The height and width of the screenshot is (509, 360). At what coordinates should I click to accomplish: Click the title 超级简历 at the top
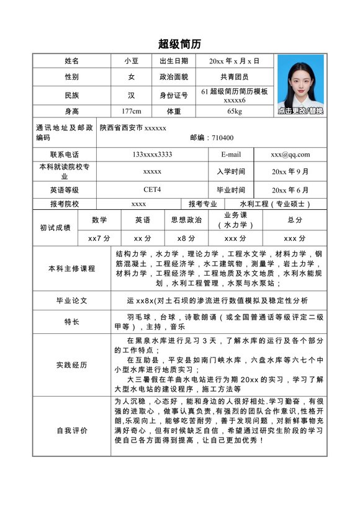(179, 44)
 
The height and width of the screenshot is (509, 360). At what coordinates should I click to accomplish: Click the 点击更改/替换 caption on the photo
(300, 110)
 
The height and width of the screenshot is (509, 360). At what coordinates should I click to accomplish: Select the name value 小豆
(132, 61)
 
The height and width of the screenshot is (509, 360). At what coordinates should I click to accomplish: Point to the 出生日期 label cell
(174, 61)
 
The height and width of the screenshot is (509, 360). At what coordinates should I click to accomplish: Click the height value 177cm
(132, 111)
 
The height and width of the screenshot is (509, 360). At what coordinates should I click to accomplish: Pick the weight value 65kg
(235, 111)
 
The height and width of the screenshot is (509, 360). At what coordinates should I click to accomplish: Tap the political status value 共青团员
(235, 77)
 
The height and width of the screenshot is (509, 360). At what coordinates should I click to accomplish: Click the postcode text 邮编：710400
(212, 138)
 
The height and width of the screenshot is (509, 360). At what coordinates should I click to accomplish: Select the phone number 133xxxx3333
(152, 155)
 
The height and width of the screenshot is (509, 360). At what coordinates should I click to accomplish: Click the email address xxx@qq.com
(290, 155)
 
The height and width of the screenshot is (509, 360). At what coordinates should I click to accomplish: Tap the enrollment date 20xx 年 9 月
(290, 171)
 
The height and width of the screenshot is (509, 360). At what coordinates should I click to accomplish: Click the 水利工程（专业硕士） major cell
(275, 204)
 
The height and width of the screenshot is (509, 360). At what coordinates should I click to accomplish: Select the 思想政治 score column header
(186, 220)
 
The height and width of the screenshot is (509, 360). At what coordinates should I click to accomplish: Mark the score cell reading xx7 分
(99, 238)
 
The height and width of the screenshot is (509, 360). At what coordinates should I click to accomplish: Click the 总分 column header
(295, 220)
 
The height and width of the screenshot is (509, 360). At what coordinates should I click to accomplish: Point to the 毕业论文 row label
(72, 300)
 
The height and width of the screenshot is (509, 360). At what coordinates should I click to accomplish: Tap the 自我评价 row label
(72, 430)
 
